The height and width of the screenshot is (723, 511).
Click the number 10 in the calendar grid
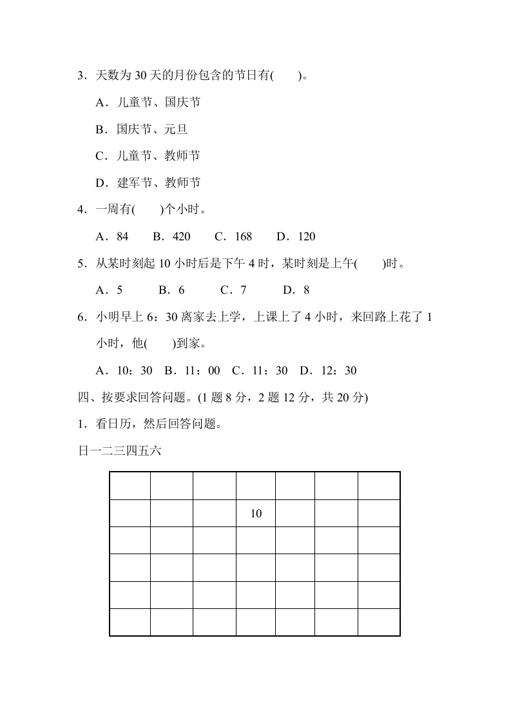256,514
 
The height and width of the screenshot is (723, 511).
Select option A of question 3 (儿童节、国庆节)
148,102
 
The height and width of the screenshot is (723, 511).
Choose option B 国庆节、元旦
141,130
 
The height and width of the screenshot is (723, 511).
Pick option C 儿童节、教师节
148,156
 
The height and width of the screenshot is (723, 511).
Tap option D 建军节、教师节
148,183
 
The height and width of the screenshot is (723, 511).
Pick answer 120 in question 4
306,236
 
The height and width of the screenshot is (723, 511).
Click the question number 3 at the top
81,76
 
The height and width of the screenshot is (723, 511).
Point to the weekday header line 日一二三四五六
119,452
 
